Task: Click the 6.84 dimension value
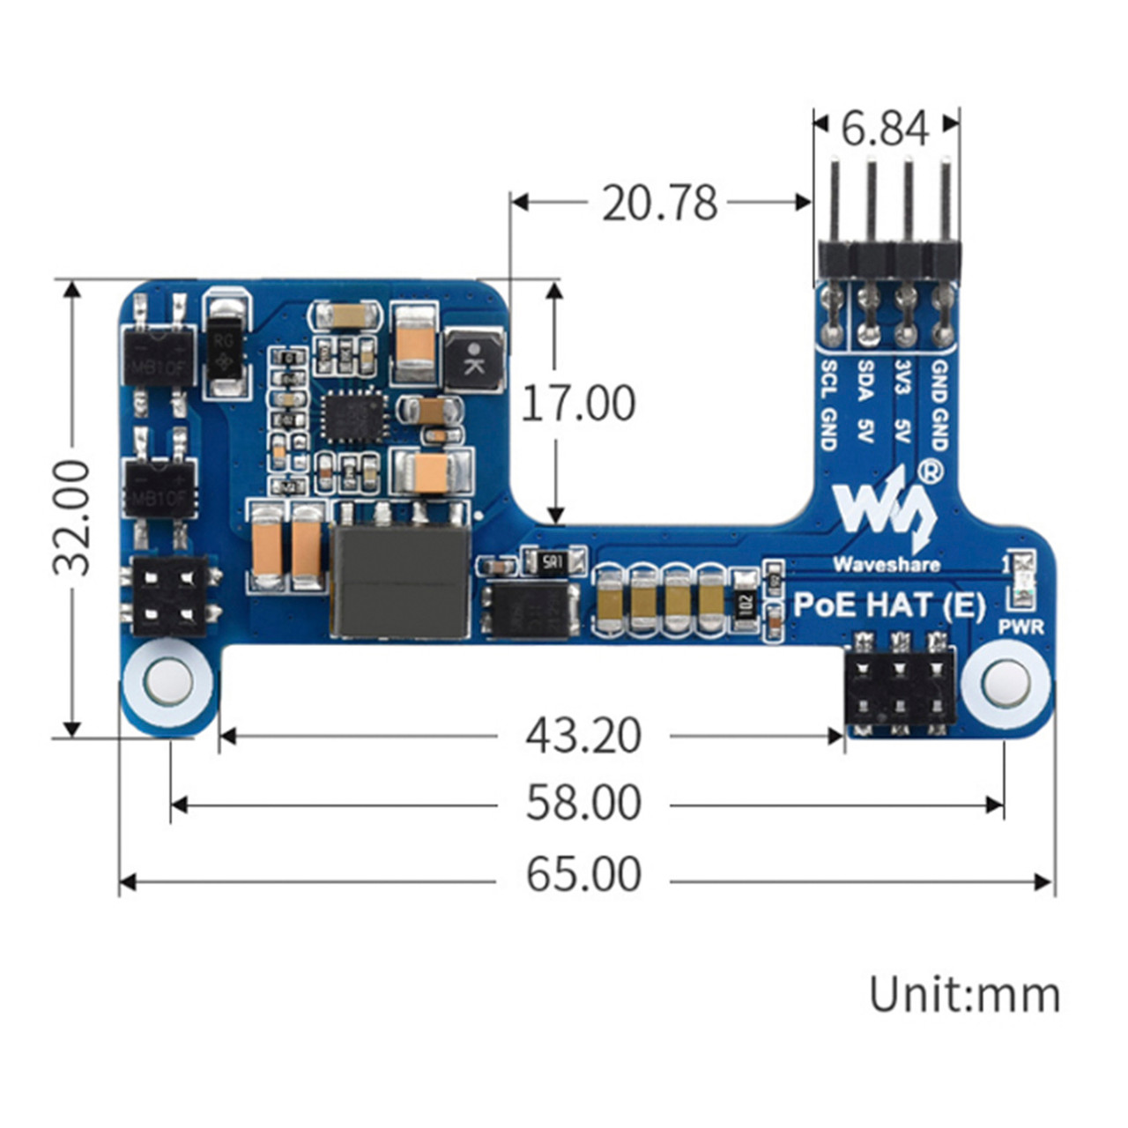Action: [x=885, y=129]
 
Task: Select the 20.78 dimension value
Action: [x=659, y=203]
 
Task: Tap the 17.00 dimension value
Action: [x=578, y=404]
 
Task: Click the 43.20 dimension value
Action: [x=583, y=735]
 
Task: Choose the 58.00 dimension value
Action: [x=583, y=803]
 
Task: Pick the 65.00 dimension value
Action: [x=583, y=875]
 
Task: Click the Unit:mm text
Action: [x=964, y=994]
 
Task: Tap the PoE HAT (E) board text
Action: [x=889, y=605]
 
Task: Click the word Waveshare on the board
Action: [x=886, y=564]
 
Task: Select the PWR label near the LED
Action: [x=1021, y=627]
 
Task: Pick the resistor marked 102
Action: [x=746, y=605]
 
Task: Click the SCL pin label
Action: [x=828, y=377]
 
